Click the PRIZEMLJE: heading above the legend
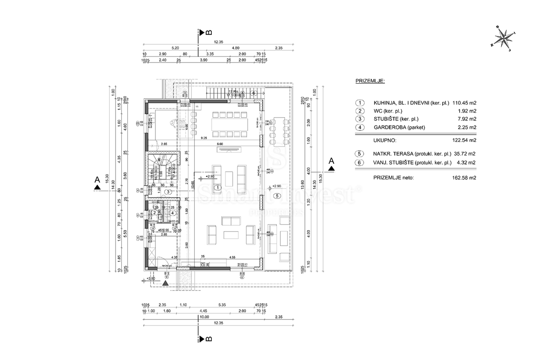(370, 81)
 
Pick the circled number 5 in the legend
(359, 154)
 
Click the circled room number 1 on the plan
(217, 187)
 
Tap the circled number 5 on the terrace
(277, 196)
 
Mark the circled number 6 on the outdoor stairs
(253, 93)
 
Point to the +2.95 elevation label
(210, 176)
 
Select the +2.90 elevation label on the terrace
(277, 186)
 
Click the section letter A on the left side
(97, 179)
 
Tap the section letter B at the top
(208, 32)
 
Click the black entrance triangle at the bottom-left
(165, 282)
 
